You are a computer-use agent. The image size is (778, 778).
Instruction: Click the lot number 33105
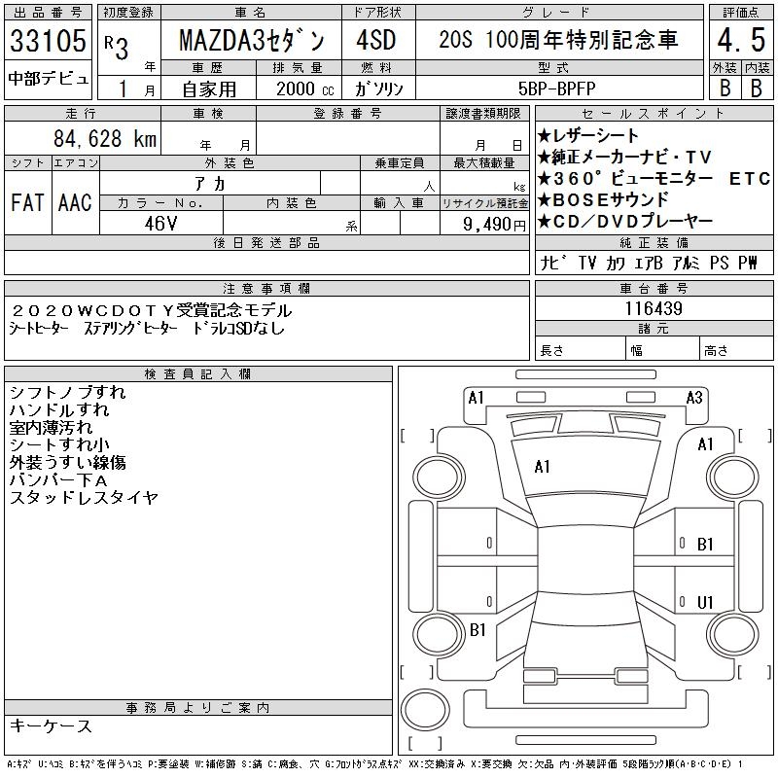48,40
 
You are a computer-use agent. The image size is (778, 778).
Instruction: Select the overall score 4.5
741,40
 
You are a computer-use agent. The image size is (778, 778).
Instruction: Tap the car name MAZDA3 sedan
252,40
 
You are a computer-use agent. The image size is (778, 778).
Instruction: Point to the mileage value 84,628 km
105,138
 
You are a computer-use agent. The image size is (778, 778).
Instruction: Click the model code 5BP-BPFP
556,88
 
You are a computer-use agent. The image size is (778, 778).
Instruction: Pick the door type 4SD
376,40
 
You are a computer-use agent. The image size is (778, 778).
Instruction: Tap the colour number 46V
160,224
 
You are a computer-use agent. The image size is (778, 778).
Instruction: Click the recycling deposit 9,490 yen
494,225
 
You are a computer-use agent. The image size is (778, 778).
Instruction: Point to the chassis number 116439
654,308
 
